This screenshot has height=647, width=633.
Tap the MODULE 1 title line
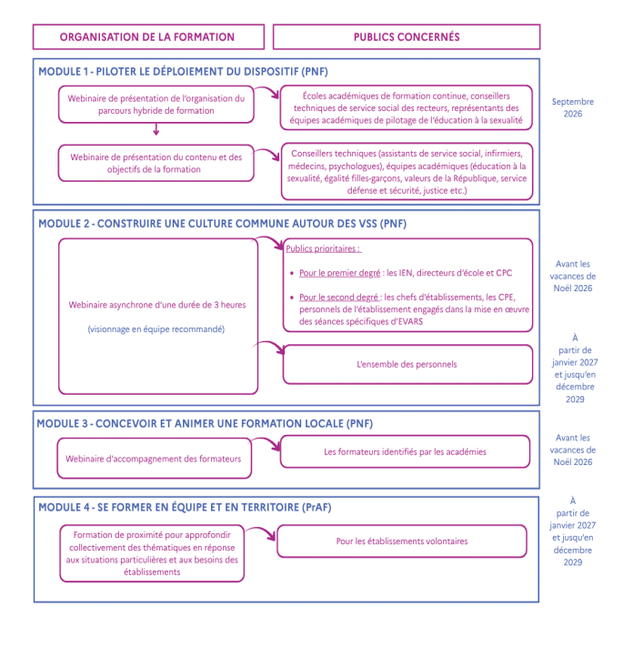[x=183, y=72]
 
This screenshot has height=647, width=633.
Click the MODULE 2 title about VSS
[x=222, y=224]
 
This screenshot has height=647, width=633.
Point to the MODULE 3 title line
[x=205, y=424]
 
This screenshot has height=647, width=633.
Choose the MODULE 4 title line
[x=185, y=507]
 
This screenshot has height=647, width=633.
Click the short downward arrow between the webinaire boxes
[x=156, y=129]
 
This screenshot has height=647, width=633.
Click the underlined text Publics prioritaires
[x=323, y=248]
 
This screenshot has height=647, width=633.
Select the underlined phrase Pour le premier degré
[x=340, y=273]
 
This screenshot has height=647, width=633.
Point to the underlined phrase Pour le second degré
[x=340, y=298]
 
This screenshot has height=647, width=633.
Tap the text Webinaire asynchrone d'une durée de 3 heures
[x=157, y=305]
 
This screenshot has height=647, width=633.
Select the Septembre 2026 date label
[x=573, y=107]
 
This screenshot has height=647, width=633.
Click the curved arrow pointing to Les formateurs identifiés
[x=267, y=441]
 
